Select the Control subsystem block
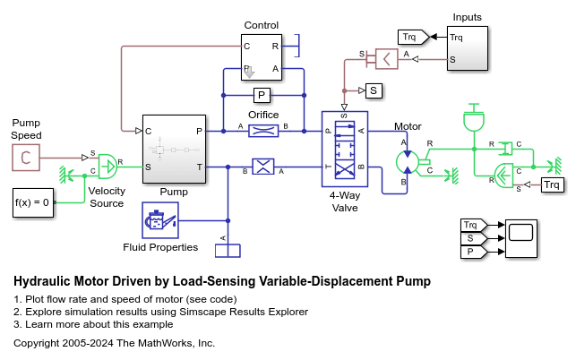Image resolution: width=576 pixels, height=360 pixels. [x=262, y=56]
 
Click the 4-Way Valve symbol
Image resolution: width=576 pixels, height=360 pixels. [x=344, y=149]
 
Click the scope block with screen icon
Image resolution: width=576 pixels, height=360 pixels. [x=519, y=239]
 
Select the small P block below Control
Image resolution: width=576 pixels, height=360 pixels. [x=262, y=95]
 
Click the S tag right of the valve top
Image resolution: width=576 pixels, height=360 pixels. [x=373, y=90]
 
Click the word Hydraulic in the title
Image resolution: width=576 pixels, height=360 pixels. [x=43, y=281]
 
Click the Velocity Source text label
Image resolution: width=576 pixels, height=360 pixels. [x=106, y=197]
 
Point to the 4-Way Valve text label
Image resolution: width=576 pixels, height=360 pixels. [x=344, y=201]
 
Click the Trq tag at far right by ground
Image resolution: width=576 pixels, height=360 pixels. [x=553, y=185]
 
